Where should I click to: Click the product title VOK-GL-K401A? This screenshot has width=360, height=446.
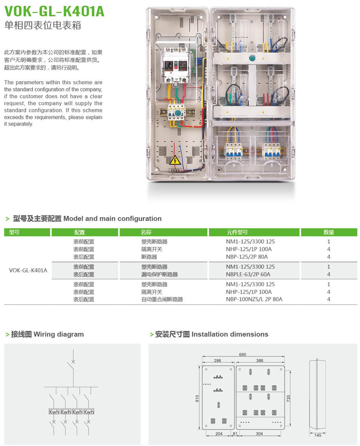54,11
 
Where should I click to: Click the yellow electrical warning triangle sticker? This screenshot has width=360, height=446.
175,160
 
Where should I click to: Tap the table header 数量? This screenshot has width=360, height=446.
328,232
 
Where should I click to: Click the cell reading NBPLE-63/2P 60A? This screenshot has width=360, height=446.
248,274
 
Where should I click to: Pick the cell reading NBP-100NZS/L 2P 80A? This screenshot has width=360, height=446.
254,299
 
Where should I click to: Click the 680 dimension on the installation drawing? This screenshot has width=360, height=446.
243,354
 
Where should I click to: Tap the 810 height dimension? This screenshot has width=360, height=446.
197,397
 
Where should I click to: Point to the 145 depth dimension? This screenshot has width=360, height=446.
318,435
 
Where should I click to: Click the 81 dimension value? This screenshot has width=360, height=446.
235,434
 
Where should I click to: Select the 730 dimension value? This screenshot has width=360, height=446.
288,397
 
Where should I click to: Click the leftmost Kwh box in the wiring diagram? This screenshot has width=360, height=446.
54,412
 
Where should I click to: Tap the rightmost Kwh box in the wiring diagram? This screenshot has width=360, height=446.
89,412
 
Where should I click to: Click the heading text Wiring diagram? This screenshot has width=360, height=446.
59,334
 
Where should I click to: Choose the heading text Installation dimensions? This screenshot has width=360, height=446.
230,334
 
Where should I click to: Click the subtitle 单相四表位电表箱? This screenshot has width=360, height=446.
43,25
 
